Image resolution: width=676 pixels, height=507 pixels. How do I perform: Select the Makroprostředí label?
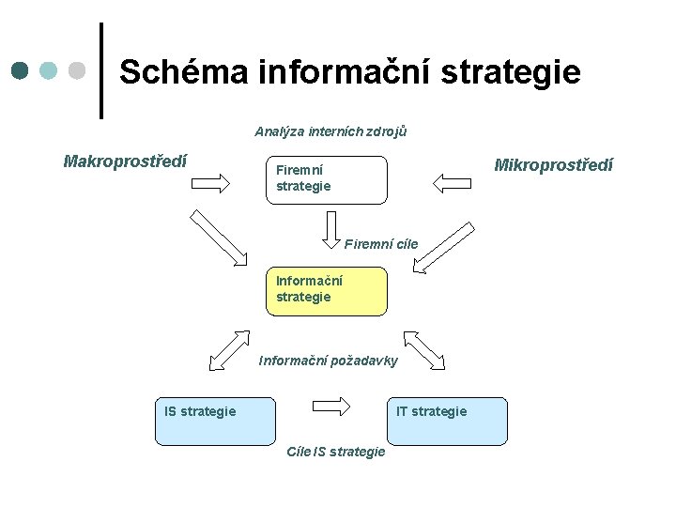click(125, 161)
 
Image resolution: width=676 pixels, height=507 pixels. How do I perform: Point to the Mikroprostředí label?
click(553, 165)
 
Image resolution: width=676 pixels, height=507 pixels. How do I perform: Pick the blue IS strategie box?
click(215, 421)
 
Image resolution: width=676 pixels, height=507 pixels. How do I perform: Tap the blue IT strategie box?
click(447, 421)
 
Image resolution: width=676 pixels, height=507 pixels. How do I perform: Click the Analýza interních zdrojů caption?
click(330, 131)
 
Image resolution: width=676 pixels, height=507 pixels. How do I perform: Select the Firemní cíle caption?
click(380, 245)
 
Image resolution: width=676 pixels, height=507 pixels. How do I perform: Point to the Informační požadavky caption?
click(328, 361)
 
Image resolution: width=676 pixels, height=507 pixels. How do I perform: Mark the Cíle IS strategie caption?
click(335, 452)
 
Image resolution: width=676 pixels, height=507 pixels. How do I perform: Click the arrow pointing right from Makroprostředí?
click(215, 183)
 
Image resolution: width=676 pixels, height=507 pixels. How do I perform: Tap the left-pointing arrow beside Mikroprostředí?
click(453, 179)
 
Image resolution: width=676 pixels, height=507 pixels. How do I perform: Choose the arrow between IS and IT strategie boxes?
click(330, 407)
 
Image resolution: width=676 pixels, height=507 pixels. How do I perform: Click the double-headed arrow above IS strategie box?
click(230, 349)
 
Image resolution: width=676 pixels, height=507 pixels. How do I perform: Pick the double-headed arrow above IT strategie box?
click(424, 349)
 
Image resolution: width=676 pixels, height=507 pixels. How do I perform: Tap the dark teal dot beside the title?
click(21, 70)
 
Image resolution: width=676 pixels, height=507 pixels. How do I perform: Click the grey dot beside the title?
click(78, 70)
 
